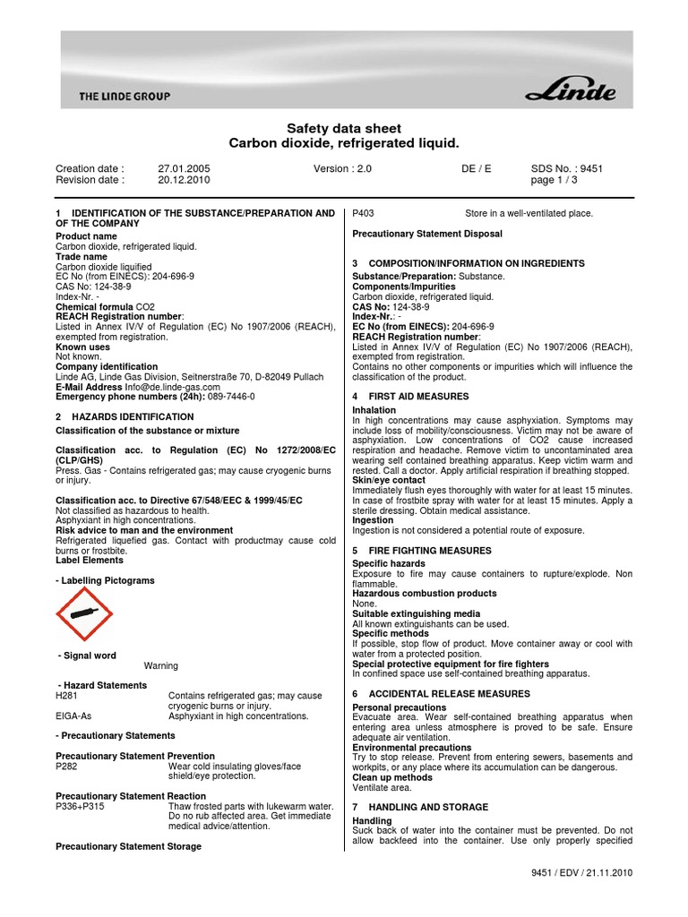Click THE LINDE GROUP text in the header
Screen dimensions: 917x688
pyautogui.click(x=124, y=96)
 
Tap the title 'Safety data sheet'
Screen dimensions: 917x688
pyautogui.click(x=344, y=129)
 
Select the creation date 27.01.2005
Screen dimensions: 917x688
pyautogui.click(x=183, y=167)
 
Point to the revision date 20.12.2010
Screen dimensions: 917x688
pyautogui.click(x=183, y=179)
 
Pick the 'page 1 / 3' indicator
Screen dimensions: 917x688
pyautogui.click(x=555, y=179)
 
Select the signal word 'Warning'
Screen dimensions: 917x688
pyautogui.click(x=161, y=665)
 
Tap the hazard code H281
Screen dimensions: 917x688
pyautogui.click(x=67, y=696)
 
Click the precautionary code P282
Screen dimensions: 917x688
pyautogui.click(x=67, y=766)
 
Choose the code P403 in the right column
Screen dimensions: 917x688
pyautogui.click(x=365, y=213)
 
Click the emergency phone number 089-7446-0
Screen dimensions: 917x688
pyautogui.click(x=231, y=396)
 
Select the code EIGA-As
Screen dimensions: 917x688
pyautogui.click(x=73, y=716)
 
